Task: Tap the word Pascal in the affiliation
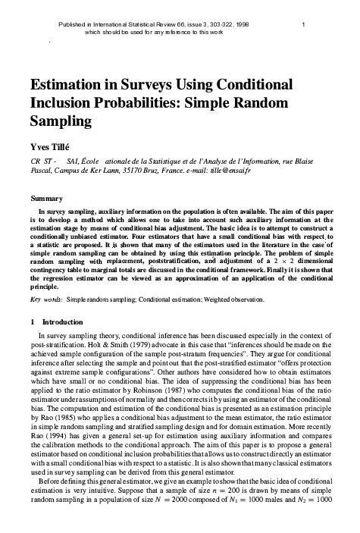point(41,172)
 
